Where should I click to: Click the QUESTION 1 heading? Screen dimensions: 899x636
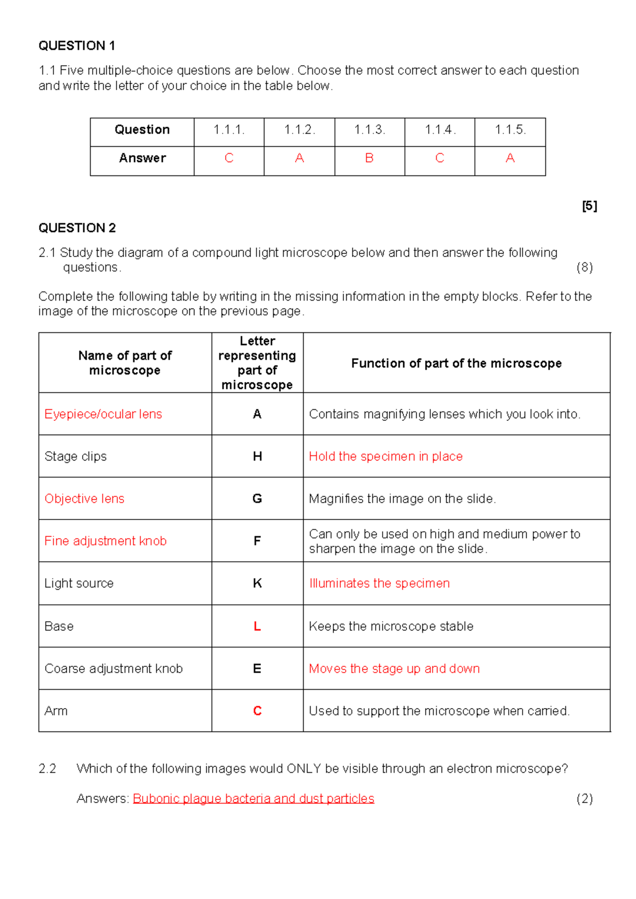[77, 46]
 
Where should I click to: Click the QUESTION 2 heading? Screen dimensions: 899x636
[77, 228]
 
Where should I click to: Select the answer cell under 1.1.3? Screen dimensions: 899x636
[369, 158]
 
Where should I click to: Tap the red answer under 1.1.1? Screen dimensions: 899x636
[229, 158]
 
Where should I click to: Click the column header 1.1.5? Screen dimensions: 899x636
[510, 130]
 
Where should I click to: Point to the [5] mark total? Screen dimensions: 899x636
[589, 206]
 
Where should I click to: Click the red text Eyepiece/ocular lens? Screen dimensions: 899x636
[103, 414]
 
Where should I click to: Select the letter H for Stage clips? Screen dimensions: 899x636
[258, 456]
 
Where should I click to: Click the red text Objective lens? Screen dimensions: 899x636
[84, 499]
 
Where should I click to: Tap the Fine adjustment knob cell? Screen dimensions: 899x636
[105, 541]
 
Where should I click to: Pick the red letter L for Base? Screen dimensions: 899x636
[258, 627]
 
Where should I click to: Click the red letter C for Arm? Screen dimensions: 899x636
[258, 711]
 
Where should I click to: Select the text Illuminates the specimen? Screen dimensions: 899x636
[379, 584]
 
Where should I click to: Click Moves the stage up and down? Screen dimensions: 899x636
[394, 669]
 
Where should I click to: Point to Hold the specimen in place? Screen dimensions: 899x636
[386, 456]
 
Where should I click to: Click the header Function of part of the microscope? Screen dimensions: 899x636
[456, 364]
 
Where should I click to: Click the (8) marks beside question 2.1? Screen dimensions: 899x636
[585, 267]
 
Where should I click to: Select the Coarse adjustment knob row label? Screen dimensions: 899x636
[113, 669]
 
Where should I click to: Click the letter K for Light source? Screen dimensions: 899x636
[258, 584]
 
